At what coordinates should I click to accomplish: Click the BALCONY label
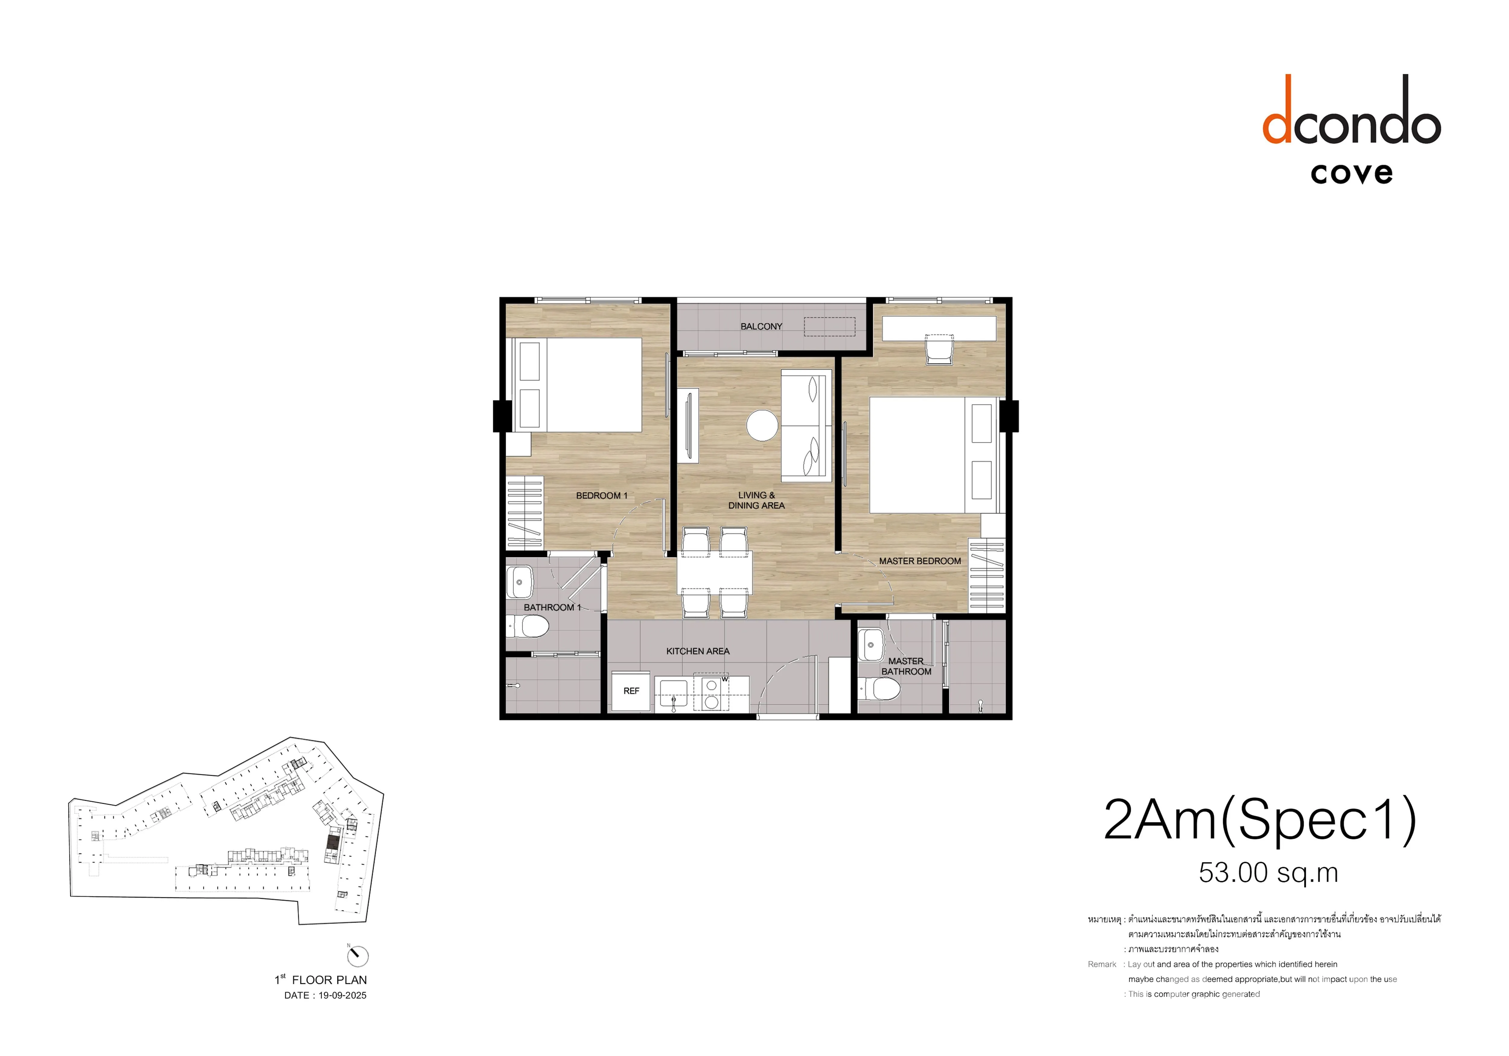pyautogui.click(x=761, y=326)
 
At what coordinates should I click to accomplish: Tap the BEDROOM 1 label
pyautogui.click(x=601, y=495)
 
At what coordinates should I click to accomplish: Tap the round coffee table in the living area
pyautogui.click(x=762, y=425)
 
